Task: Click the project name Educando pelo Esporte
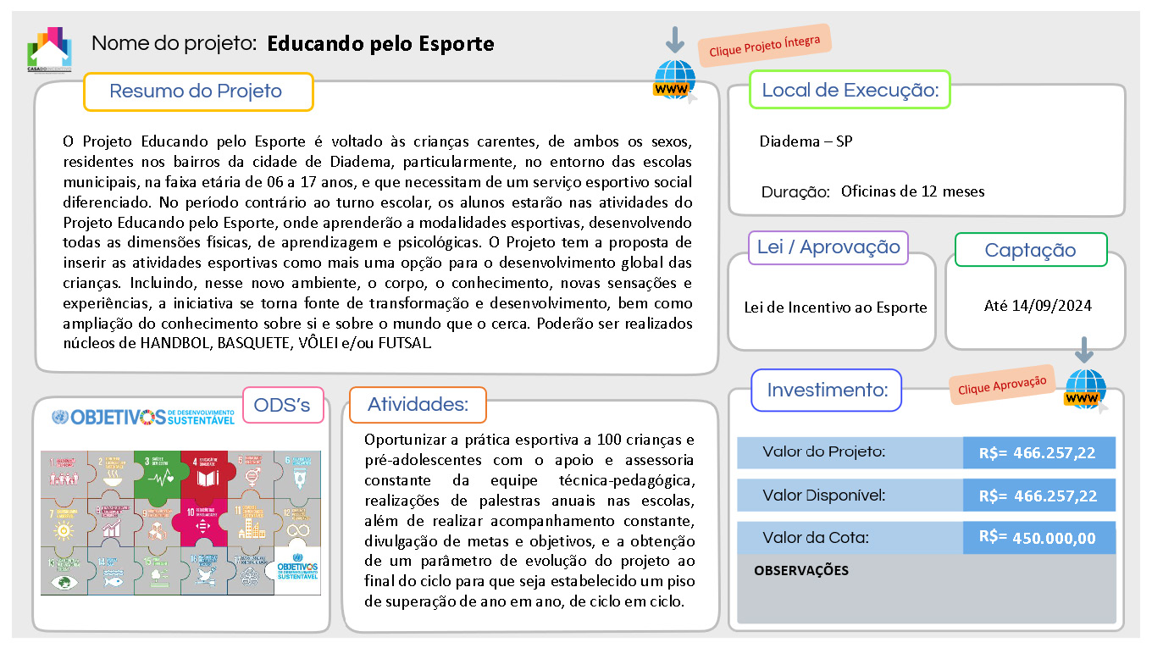[380, 43]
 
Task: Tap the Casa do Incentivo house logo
[49, 49]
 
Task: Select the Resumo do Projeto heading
[197, 91]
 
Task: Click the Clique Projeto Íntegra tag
[765, 45]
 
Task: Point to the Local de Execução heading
[850, 90]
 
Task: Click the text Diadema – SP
[806, 141]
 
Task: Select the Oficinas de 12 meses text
[912, 191]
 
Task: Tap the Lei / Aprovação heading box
[828, 247]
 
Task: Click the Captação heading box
[1030, 250]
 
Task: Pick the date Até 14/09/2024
[1038, 306]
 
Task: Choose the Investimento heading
[827, 390]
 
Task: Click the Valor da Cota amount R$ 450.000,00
[1038, 538]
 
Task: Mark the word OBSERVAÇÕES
[800, 571]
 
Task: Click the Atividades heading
[418, 405]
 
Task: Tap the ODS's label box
[283, 406]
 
